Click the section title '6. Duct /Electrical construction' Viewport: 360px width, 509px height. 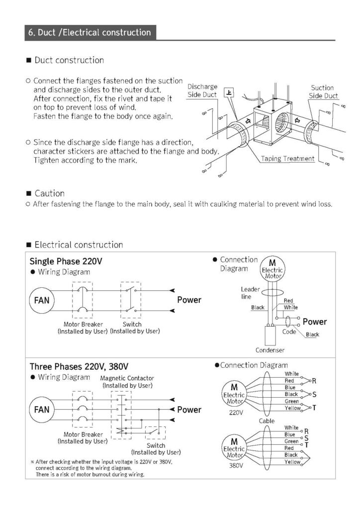[90, 33]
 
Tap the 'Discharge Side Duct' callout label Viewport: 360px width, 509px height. [202, 90]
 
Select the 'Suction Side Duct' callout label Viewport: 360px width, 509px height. [323, 92]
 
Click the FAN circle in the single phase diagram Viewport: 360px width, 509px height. [42, 300]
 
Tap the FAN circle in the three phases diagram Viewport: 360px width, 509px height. [42, 410]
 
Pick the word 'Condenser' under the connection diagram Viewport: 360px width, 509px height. [270, 350]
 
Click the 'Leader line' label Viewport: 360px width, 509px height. [250, 293]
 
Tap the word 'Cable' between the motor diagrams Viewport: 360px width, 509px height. [267, 421]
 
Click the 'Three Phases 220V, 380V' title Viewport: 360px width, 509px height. [79, 367]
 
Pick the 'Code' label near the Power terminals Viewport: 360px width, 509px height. [289, 331]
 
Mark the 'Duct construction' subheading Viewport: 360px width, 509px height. [69, 60]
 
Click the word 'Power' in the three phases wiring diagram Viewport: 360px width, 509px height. [189, 410]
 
